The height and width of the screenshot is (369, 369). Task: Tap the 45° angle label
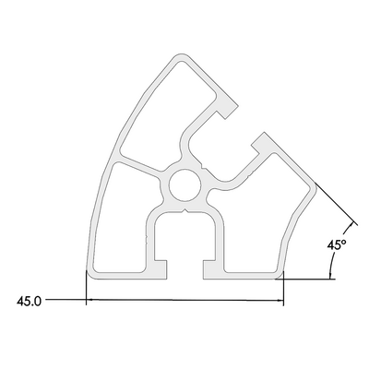pos(337,245)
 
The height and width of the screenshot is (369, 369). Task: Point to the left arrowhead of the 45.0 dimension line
pos(89,300)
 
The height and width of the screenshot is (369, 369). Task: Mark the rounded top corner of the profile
pos(184,58)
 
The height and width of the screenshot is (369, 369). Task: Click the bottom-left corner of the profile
pos(89,275)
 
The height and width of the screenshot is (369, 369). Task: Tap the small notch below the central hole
pos(184,210)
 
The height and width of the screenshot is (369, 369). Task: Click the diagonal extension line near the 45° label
pos(337,208)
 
